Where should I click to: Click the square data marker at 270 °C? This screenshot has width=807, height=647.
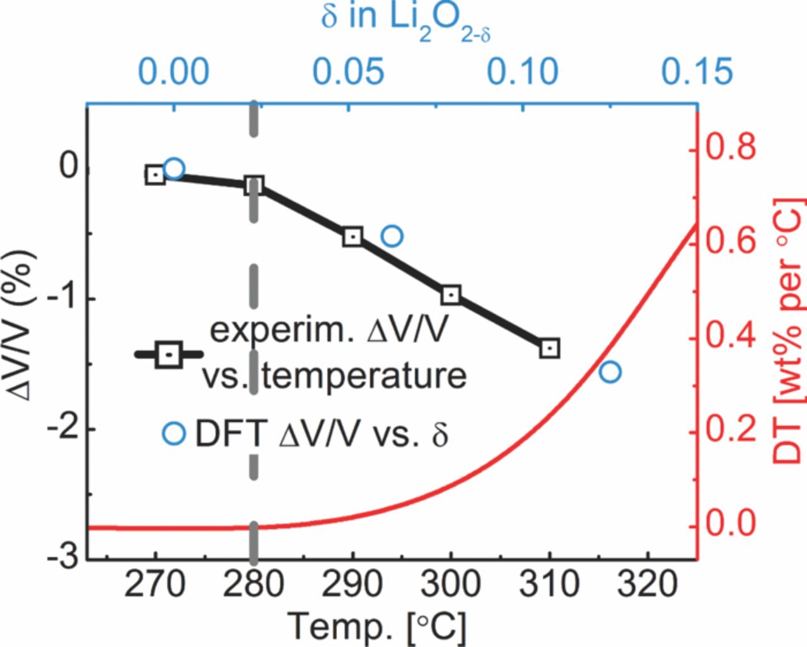(155, 175)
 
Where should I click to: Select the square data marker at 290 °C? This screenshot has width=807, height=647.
(352, 236)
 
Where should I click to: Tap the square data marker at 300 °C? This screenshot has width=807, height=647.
(451, 294)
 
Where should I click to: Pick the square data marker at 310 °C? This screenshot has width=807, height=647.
(550, 348)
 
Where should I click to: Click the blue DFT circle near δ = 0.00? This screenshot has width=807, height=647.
(174, 168)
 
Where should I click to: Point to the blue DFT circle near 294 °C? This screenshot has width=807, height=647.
(392, 236)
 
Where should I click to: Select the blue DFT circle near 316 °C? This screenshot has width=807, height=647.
(610, 372)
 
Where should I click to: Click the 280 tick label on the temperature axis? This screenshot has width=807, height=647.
(253, 585)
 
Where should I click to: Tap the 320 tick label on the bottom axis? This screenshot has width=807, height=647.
(647, 585)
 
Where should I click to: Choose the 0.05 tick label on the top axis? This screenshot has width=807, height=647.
(349, 71)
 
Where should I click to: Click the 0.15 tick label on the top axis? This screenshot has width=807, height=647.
(697, 71)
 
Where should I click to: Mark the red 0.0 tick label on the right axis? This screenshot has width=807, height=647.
(731, 524)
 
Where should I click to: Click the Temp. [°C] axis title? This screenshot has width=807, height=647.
(377, 627)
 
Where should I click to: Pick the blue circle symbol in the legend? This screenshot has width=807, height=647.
(173, 434)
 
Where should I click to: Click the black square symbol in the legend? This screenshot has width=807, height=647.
(169, 354)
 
